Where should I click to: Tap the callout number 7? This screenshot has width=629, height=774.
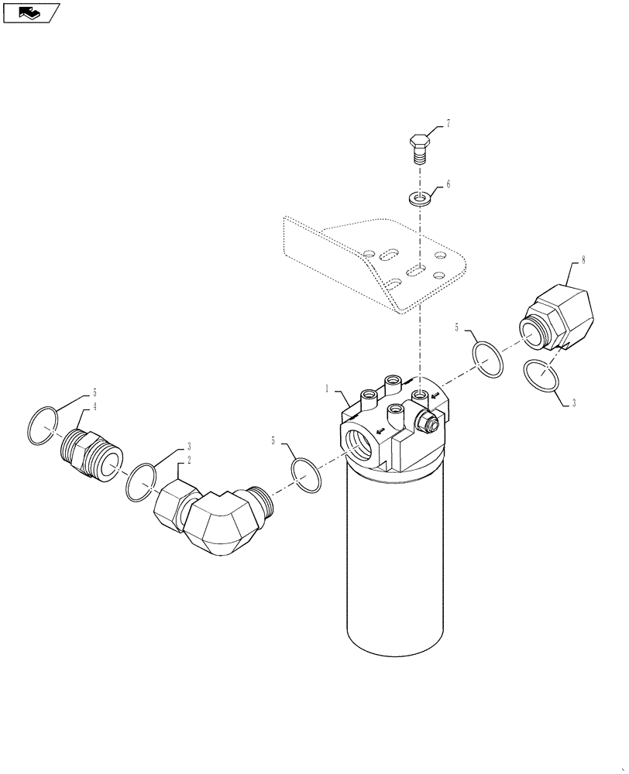(x=447, y=125)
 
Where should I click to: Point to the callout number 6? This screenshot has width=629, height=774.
(x=447, y=185)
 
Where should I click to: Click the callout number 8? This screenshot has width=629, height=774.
(x=583, y=261)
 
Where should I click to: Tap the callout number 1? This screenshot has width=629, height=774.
(x=328, y=388)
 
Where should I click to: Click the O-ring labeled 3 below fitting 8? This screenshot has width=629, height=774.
(x=541, y=377)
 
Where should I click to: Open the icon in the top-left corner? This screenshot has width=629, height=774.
(x=32, y=12)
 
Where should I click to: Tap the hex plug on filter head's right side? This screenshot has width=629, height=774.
(x=427, y=422)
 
